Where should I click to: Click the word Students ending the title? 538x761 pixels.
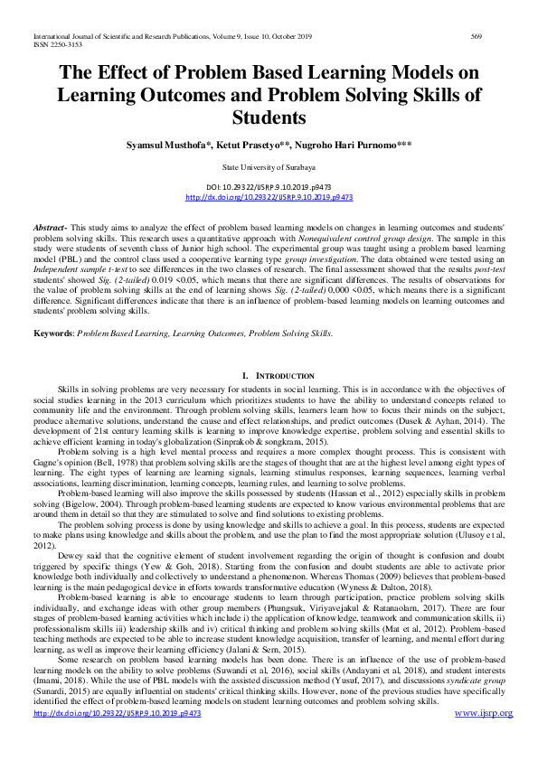pos(269,117)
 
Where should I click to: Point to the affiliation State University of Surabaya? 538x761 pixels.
pos(269,168)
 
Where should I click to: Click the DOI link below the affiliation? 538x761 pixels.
pos(269,196)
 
